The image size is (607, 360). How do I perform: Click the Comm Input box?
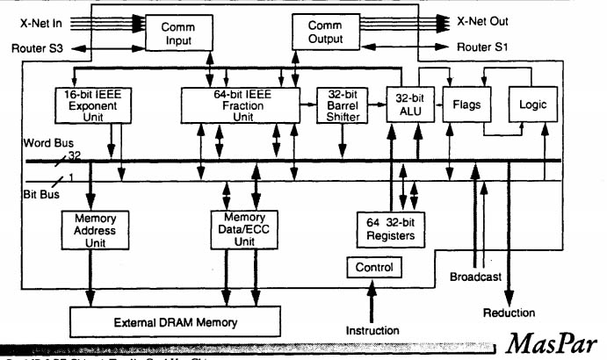click(178, 34)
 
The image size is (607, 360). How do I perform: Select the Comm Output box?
click(326, 34)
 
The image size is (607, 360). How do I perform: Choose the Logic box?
click(531, 104)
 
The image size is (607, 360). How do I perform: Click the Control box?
click(375, 267)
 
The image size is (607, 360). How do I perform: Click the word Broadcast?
click(475, 277)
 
